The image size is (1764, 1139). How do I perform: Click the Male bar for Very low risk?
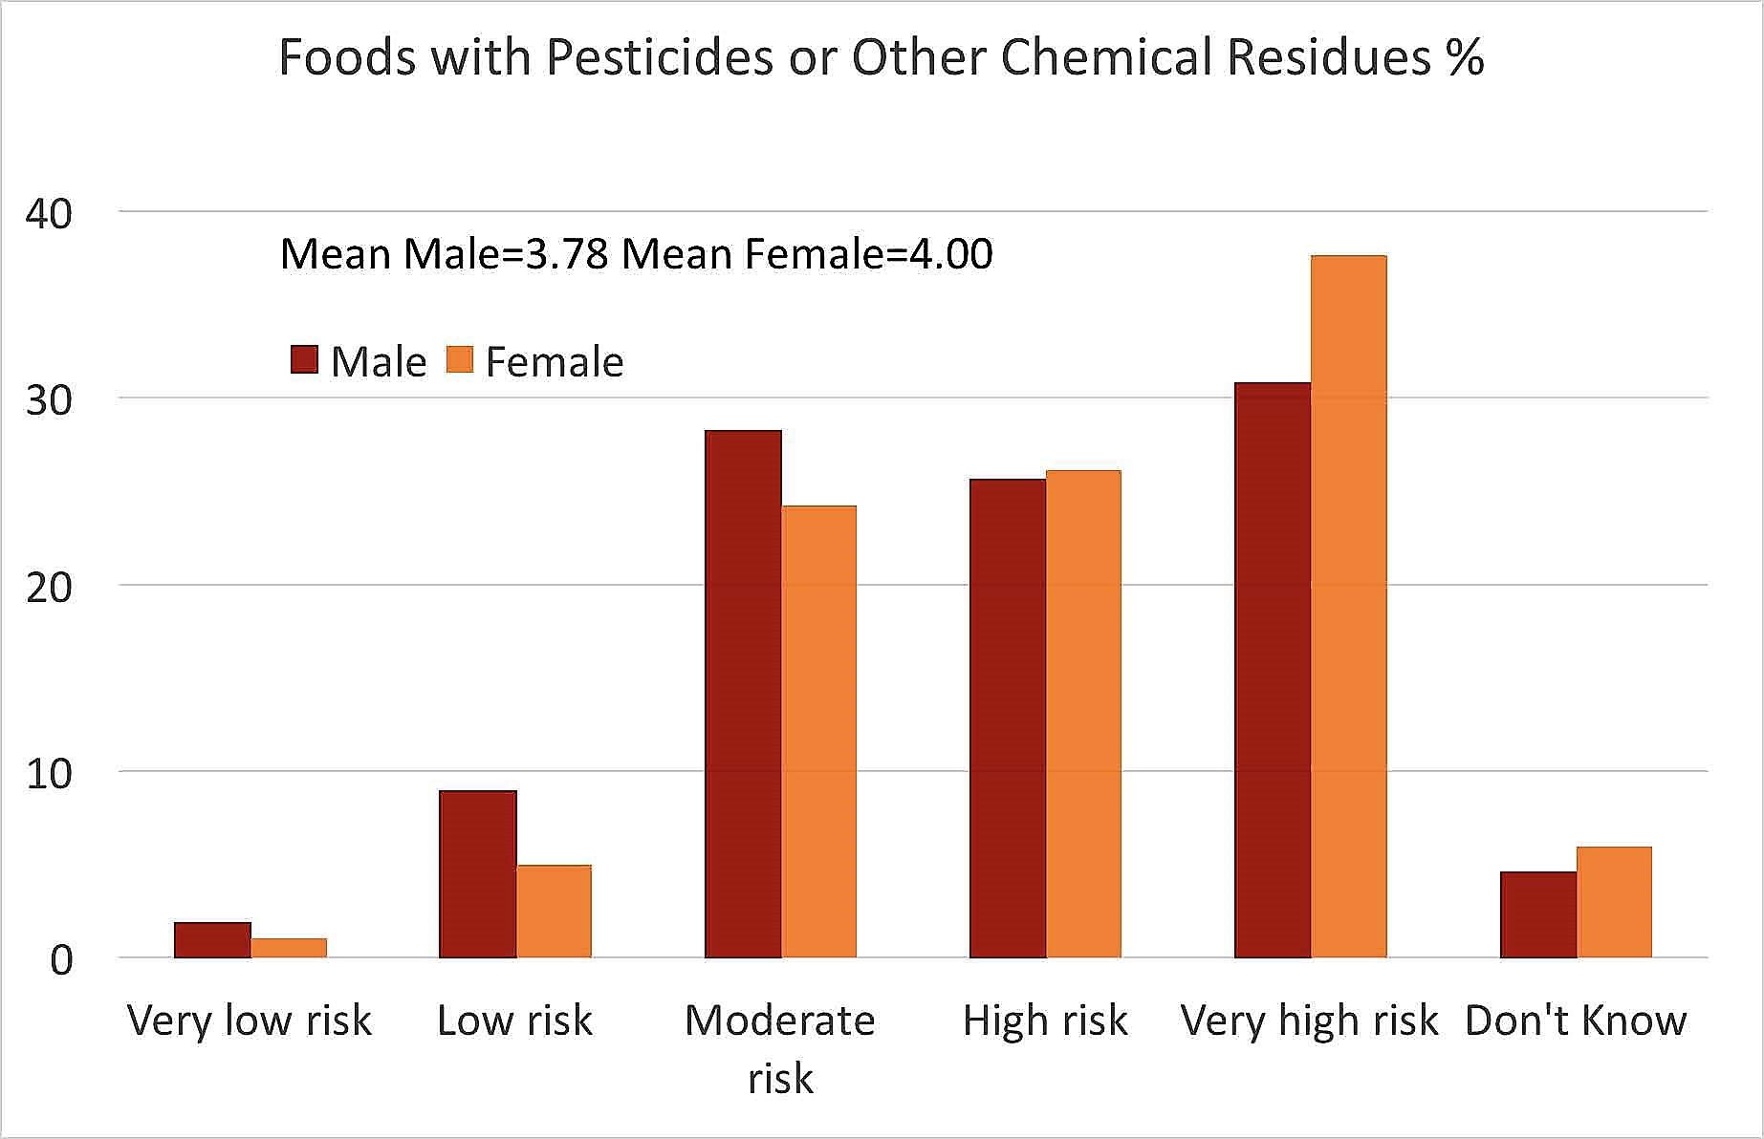point(212,940)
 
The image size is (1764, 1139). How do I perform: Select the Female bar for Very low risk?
point(289,948)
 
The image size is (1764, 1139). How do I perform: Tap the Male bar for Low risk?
point(477,874)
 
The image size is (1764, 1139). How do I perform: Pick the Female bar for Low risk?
point(554,912)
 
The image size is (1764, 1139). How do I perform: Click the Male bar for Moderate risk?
point(743,694)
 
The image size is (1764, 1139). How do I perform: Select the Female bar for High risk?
point(1083,714)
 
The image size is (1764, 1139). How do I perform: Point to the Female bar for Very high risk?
point(1348,607)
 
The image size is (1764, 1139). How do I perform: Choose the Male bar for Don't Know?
point(1537,914)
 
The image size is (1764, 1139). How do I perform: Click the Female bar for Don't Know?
point(1614,902)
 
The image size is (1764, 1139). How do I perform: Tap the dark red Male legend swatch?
point(304,360)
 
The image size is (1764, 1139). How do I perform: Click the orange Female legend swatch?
point(460,360)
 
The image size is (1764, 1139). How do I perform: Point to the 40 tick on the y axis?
point(49,213)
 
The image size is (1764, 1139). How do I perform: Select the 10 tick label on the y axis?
point(49,773)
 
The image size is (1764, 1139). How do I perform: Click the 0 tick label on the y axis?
point(60,959)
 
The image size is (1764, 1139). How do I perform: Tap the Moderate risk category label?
point(780,1048)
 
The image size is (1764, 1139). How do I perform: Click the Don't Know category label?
point(1575,1021)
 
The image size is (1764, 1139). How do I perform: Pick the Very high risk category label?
point(1309,1021)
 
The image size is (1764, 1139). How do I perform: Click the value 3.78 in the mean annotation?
point(567,254)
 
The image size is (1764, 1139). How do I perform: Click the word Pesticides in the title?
point(659,57)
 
